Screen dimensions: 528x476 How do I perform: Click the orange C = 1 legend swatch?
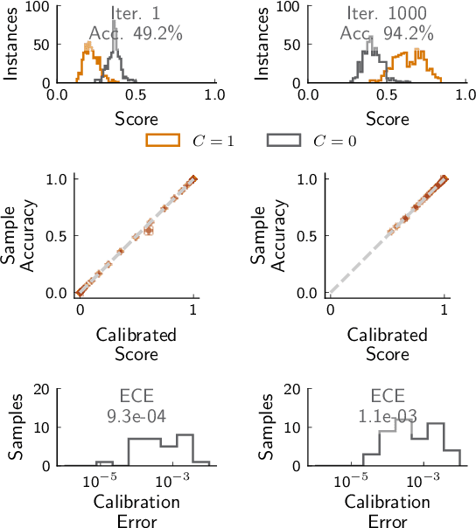[x=163, y=140]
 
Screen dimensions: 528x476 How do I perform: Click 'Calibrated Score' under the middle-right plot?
[x=387, y=344]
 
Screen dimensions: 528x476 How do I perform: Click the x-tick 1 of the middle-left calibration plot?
[x=194, y=309]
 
